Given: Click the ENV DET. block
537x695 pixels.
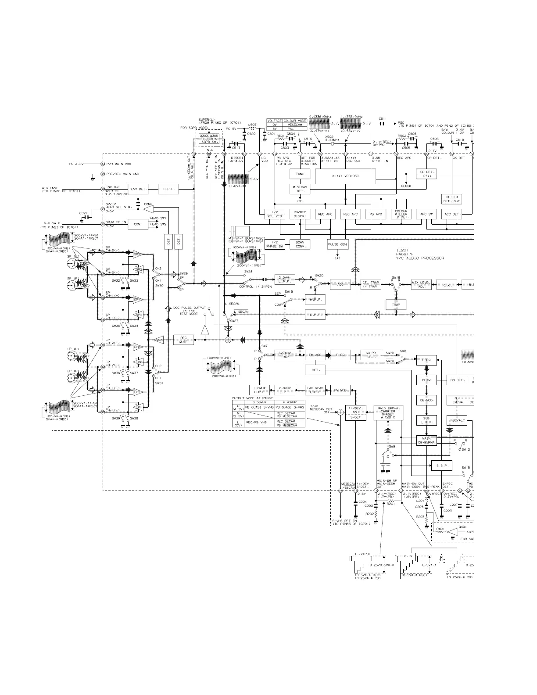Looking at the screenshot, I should click(x=134, y=189).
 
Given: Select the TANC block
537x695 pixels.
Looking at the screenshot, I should click(x=300, y=174).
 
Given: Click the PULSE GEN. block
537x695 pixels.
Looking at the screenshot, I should click(x=337, y=245).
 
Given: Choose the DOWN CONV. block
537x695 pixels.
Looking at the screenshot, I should click(x=300, y=244).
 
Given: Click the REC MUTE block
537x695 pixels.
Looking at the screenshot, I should click(x=183, y=340).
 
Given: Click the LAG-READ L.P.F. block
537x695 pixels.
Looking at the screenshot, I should click(x=315, y=389).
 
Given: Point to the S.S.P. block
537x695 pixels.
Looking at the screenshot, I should click(x=441, y=465).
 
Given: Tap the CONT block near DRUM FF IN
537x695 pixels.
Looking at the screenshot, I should click(x=138, y=224).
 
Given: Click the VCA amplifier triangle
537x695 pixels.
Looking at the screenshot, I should click(x=159, y=340).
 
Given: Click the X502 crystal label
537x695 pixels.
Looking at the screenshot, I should click(x=329, y=137).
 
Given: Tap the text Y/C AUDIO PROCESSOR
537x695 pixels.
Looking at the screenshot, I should click(x=420, y=258).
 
